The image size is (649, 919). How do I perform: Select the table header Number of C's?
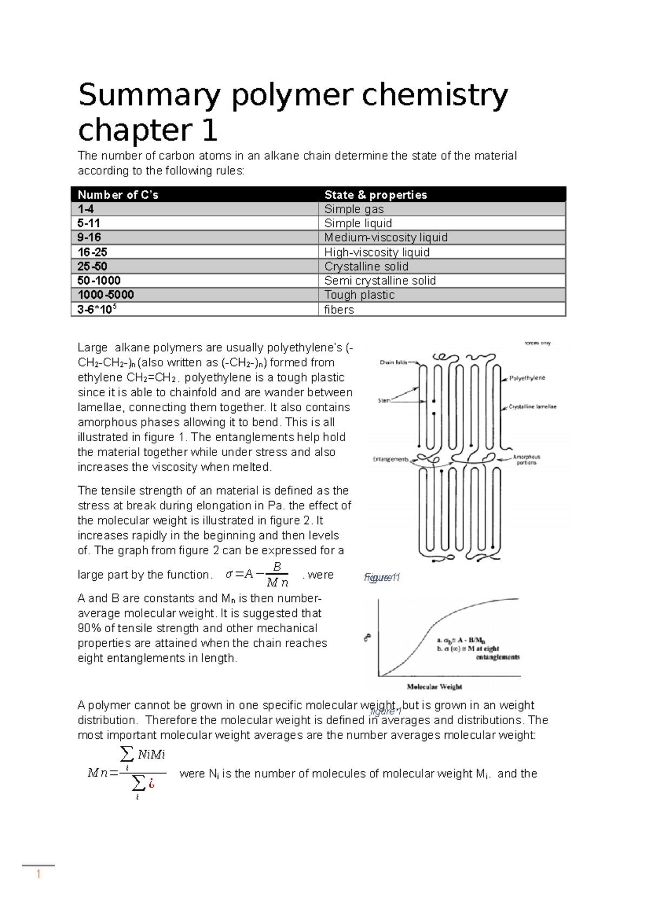pos(118,195)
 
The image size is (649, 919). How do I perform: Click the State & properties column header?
pos(375,195)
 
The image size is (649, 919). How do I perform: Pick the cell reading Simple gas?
pos(354,209)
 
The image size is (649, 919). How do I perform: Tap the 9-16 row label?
pos(89,238)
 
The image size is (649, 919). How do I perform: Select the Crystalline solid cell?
pos(366,266)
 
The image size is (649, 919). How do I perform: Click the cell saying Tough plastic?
pos(359,295)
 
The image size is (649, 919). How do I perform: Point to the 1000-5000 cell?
pos(105,295)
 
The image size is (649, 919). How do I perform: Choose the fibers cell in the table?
pos(339,310)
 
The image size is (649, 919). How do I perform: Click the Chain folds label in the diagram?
pos(393,363)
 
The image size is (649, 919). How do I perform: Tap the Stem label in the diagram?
pos(383,401)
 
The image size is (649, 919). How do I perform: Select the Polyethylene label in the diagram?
pos(527,378)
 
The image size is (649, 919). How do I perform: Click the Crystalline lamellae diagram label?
pos(532,407)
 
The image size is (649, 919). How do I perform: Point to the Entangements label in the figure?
pos(391,459)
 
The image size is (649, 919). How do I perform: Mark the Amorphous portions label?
pos(526,460)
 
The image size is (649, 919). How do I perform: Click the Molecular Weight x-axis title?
pos(434,687)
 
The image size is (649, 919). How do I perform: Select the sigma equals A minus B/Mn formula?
pos(257,575)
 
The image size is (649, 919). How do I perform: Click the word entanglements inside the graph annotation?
pos(498,657)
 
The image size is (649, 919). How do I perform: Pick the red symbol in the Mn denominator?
pos(152,783)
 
